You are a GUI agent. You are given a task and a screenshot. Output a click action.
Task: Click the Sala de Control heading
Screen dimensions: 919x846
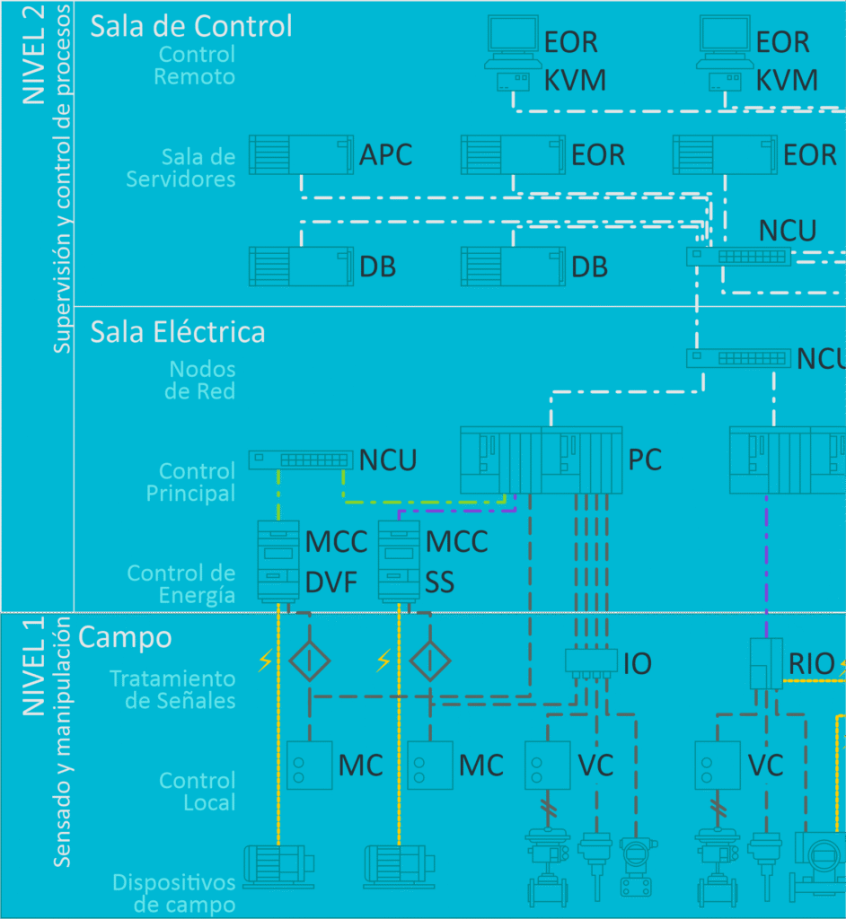pyautogui.click(x=190, y=26)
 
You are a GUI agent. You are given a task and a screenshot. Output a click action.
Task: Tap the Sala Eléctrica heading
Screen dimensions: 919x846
pyautogui.click(x=177, y=332)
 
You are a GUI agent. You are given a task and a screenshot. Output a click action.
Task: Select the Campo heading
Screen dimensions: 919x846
pyautogui.click(x=125, y=637)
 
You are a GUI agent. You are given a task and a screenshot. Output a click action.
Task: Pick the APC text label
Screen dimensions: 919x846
pyautogui.click(x=385, y=155)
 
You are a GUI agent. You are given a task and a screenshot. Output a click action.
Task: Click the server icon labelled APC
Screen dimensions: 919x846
pyautogui.click(x=300, y=154)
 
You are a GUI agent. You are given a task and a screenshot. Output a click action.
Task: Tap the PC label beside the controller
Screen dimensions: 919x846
pyautogui.click(x=644, y=460)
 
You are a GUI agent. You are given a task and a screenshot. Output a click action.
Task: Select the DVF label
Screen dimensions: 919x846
pyautogui.click(x=331, y=583)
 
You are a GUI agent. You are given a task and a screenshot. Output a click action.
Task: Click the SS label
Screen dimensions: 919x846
pyautogui.click(x=439, y=583)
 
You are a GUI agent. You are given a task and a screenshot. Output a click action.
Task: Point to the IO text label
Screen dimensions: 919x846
pyautogui.click(x=637, y=664)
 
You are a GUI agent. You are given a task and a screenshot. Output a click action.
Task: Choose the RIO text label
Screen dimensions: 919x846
pyautogui.click(x=811, y=664)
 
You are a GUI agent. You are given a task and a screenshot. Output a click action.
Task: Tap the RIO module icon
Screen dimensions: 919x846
pyautogui.click(x=766, y=663)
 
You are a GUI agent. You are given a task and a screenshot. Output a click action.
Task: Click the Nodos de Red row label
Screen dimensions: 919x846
pyautogui.click(x=202, y=381)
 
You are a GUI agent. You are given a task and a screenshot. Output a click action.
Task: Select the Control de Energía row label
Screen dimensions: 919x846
pyautogui.click(x=181, y=584)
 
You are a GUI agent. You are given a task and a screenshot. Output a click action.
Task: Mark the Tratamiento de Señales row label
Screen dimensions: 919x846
pyautogui.click(x=172, y=689)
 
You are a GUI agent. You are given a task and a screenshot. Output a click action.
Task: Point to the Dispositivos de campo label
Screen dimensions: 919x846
pyautogui.click(x=173, y=894)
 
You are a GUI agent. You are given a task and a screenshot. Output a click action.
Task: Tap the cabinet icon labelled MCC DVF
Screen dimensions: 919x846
pyautogui.click(x=278, y=560)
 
